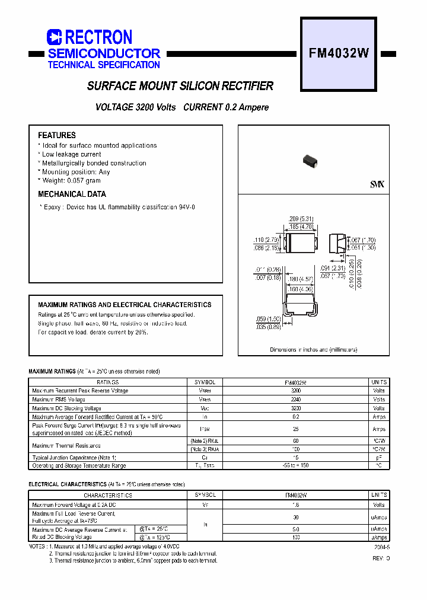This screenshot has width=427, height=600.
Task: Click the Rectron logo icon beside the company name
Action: pyautogui.click(x=54, y=37)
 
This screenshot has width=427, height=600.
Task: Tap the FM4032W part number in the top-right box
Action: pyautogui.click(x=339, y=53)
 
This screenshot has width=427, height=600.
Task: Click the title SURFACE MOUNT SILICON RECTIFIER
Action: pyautogui.click(x=180, y=87)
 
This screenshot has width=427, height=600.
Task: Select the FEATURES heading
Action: pyautogui.click(x=57, y=135)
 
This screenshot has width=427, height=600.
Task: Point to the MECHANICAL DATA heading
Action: pyautogui.click(x=72, y=194)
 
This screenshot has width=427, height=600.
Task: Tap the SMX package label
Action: pyautogui.click(x=377, y=185)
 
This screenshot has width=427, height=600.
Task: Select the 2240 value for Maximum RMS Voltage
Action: pyautogui.click(x=295, y=400)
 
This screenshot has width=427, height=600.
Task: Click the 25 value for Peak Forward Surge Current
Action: pyautogui.click(x=295, y=429)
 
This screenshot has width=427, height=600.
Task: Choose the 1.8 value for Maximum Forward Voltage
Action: pyautogui.click(x=295, y=505)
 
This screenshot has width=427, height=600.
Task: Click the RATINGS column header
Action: pyautogui.click(x=108, y=382)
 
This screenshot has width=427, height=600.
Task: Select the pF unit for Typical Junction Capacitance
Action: pyautogui.click(x=379, y=458)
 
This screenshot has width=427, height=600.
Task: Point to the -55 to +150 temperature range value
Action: pyautogui.click(x=295, y=465)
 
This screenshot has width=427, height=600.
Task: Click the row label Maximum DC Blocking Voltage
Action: pyautogui.click(x=66, y=408)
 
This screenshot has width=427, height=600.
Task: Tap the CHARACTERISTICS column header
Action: pyautogui.click(x=108, y=495)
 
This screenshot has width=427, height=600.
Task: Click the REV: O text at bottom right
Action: pyautogui.click(x=381, y=559)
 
